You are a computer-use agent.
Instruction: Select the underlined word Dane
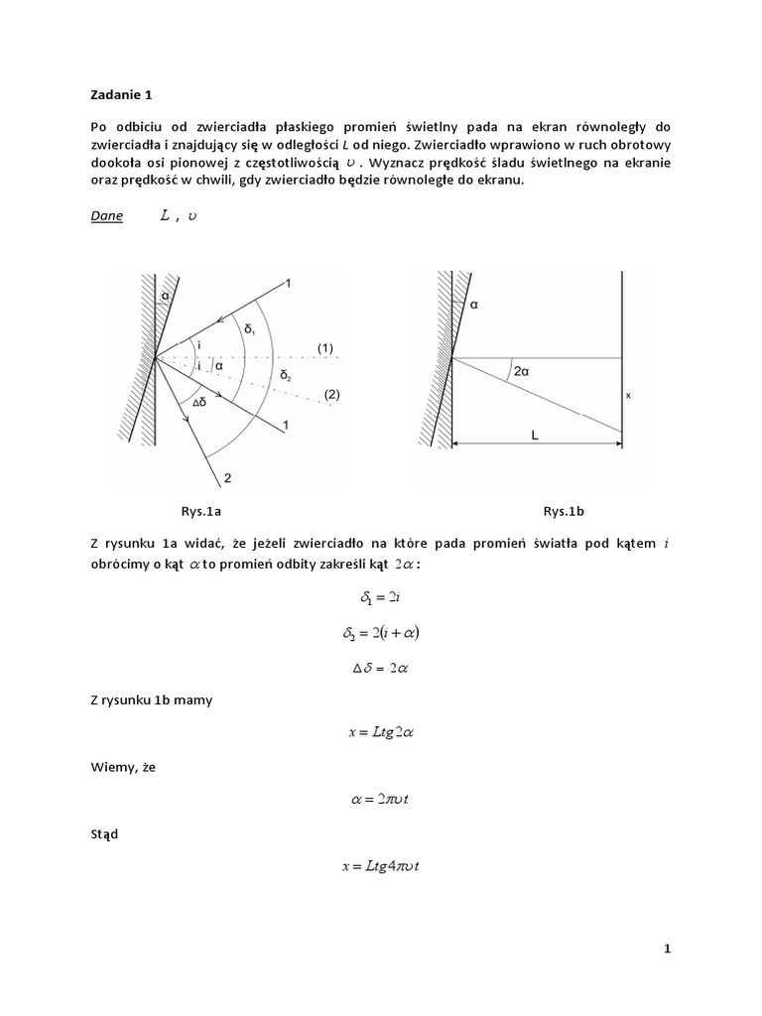click(106, 217)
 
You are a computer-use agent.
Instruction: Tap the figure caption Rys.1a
click(200, 511)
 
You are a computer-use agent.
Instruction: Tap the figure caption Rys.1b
click(564, 511)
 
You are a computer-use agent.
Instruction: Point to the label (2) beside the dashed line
click(331, 394)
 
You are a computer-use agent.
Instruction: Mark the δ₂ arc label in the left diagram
click(286, 376)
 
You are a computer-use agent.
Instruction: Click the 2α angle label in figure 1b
click(522, 371)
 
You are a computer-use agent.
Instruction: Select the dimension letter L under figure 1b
click(536, 435)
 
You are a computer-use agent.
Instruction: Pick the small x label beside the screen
click(629, 394)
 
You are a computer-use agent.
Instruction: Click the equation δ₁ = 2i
click(381, 599)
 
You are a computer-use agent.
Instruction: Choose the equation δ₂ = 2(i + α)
click(381, 633)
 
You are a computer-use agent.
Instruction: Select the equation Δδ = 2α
click(381, 667)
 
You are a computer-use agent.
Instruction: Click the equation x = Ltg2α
click(381, 733)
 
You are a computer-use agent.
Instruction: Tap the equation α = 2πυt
click(381, 801)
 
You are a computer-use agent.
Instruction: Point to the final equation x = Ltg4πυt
click(381, 867)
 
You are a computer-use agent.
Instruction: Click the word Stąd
click(102, 833)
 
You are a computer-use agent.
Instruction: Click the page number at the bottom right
click(668, 950)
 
